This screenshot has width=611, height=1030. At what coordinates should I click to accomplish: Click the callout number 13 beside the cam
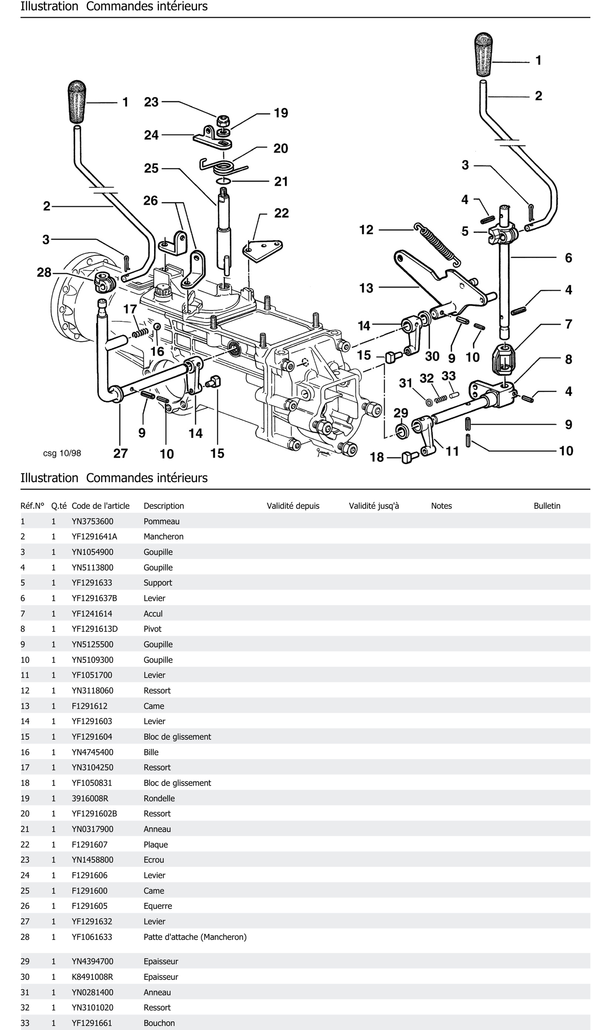[x=366, y=288]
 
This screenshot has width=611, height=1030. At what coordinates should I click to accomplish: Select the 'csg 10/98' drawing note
[x=62, y=453]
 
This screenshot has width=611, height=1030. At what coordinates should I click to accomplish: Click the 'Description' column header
[x=163, y=506]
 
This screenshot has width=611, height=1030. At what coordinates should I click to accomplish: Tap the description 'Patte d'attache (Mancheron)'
[x=195, y=937]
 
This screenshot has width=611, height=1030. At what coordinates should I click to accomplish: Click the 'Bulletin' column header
[x=547, y=506]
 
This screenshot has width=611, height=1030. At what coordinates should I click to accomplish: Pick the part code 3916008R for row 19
[x=90, y=798]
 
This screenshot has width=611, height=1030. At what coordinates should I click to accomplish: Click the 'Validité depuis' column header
[x=293, y=506]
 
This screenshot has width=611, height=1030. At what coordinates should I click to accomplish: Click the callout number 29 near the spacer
[x=401, y=413]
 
